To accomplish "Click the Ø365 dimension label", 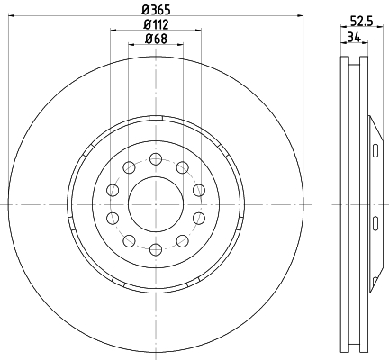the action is click(x=156, y=10).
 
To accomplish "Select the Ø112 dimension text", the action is click(x=156, y=24).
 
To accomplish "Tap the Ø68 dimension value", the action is click(x=156, y=39).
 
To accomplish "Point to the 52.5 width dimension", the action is click(x=361, y=22).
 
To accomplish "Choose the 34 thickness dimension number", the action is click(x=354, y=37).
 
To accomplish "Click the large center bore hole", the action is click(x=156, y=204).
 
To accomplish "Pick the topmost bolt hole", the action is click(x=156, y=159).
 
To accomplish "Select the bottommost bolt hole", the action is click(x=156, y=249).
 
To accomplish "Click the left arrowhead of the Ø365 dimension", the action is click(x=12, y=15).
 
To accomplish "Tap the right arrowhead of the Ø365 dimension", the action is click(x=300, y=15).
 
